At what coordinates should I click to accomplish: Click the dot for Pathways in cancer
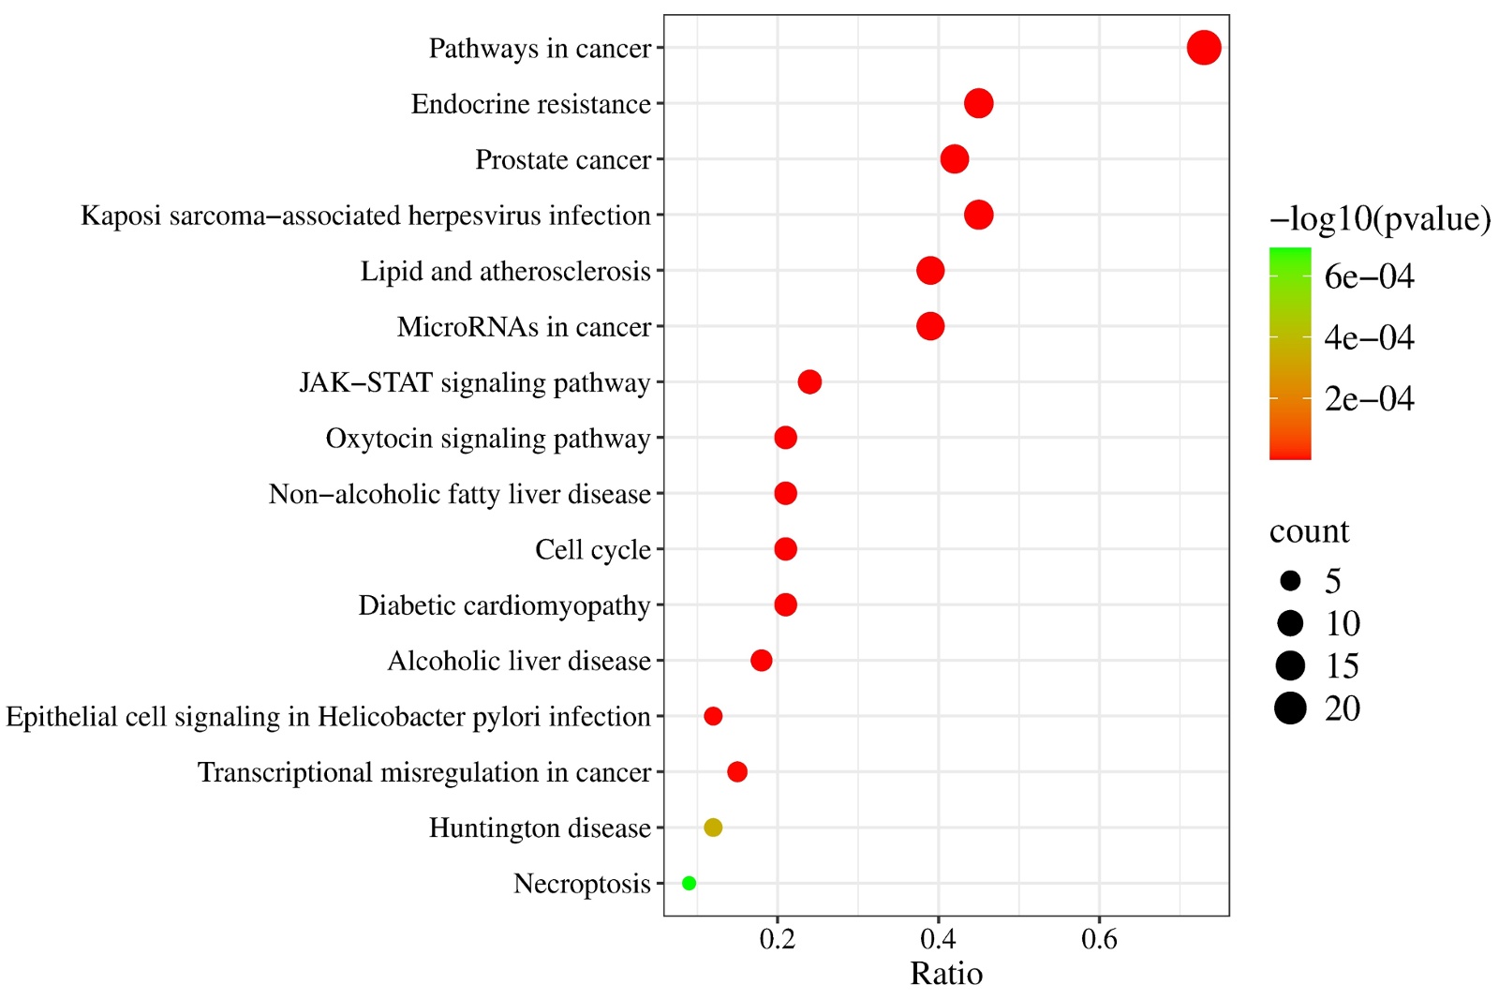coord(1203,48)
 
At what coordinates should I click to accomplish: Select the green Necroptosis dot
coord(689,883)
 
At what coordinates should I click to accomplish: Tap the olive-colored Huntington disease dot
coord(713,828)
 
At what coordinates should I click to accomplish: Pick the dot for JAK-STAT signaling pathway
coord(809,381)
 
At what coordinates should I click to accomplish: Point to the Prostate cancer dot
coord(954,159)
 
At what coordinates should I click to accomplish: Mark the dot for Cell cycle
coord(785,549)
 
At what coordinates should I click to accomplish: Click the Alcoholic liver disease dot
coord(761,661)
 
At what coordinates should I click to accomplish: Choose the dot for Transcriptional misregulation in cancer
coord(737,772)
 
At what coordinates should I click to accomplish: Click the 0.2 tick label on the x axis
coord(777,939)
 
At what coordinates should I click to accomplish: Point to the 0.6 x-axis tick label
coord(1099,939)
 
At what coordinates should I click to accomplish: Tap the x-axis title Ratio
coord(946,974)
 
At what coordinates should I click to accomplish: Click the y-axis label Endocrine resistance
coord(530,104)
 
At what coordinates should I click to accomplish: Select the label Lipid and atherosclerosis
coord(505,272)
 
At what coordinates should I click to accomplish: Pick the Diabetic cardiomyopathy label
coord(504,605)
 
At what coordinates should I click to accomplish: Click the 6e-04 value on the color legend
coord(1369,276)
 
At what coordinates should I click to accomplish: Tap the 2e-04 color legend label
coord(1369,399)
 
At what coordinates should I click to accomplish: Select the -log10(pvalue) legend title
coord(1379,218)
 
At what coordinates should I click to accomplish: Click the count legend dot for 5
coord(1290,581)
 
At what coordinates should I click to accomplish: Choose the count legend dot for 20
coord(1290,708)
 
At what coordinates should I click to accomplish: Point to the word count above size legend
coord(1309,531)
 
